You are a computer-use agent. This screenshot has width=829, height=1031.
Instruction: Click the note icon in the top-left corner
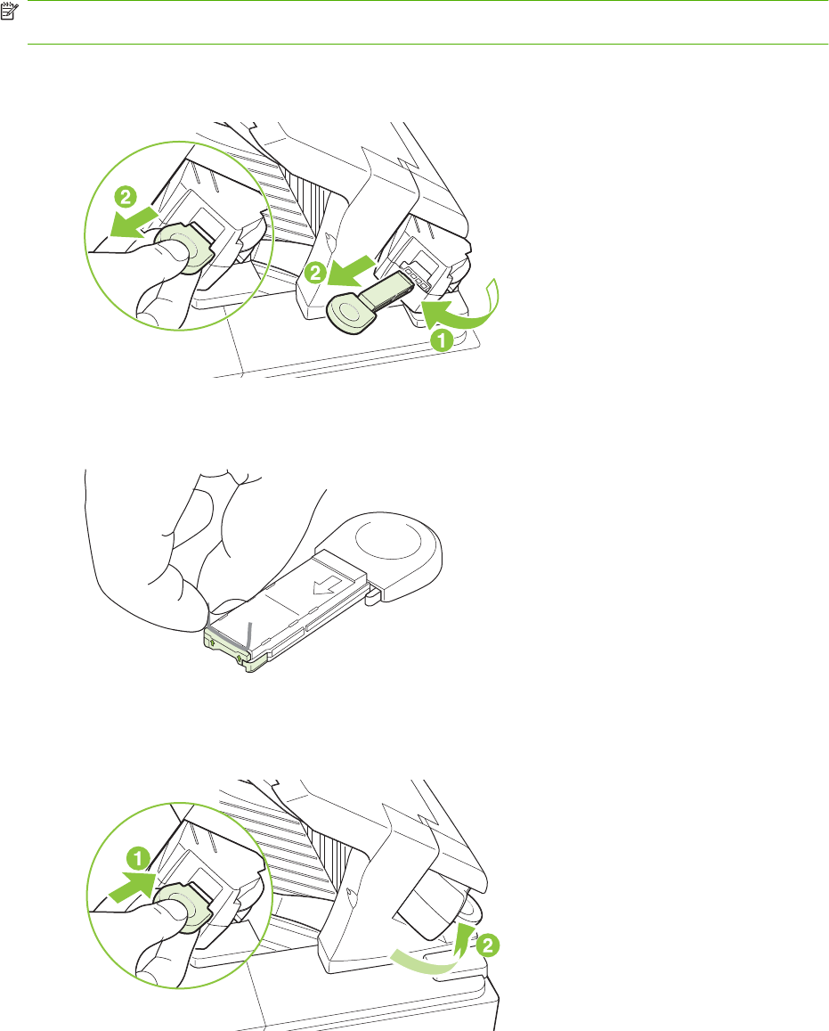click(9, 10)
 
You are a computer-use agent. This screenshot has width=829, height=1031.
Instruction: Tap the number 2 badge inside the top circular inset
click(126, 197)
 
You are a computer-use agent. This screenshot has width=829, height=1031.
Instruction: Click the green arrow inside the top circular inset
click(134, 222)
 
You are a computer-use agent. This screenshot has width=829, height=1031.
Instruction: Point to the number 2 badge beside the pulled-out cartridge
click(315, 272)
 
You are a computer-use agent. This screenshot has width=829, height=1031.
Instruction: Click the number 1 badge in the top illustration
click(442, 340)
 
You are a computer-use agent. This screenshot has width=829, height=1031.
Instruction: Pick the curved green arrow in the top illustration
click(462, 307)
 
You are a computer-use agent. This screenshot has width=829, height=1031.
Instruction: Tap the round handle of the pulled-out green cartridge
click(347, 311)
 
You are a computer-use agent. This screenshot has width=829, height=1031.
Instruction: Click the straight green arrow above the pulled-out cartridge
click(352, 271)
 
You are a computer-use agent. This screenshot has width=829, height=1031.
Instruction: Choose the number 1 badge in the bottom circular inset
click(139, 859)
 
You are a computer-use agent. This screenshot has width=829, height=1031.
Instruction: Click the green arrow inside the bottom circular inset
click(133, 887)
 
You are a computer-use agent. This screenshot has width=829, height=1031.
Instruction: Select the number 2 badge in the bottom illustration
click(487, 946)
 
